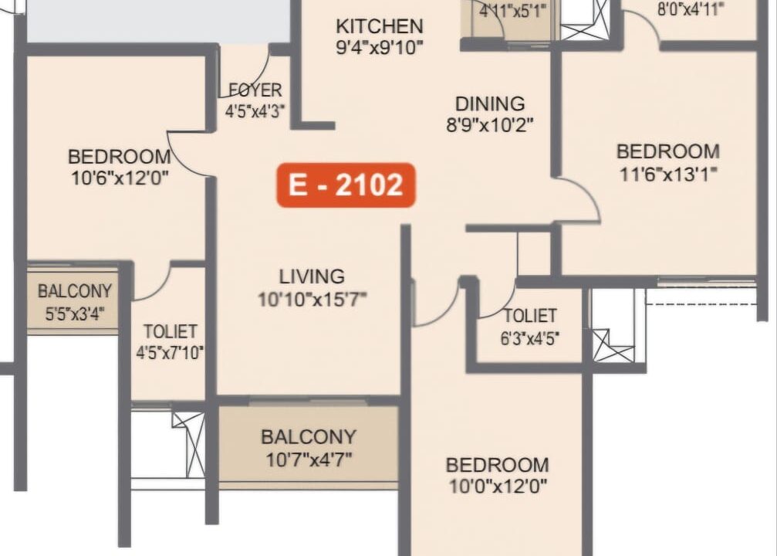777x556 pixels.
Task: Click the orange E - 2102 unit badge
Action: [x=346, y=185]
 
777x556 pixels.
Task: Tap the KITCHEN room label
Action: [x=380, y=26]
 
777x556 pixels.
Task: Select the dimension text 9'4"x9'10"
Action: [x=380, y=48]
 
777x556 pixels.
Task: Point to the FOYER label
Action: [x=255, y=90]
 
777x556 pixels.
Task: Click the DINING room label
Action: [x=490, y=103]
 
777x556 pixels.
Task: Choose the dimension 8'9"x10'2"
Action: [x=490, y=125]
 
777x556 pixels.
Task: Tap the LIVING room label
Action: [x=312, y=276]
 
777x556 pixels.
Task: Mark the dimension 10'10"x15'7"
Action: [x=312, y=299]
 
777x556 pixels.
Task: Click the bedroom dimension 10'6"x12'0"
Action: [x=120, y=178]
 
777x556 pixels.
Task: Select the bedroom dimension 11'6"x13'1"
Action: [x=668, y=174]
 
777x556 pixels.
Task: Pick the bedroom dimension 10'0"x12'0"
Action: [x=498, y=486]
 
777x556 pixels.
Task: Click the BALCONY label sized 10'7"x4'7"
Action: [x=309, y=437]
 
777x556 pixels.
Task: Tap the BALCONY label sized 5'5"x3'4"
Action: [x=75, y=291]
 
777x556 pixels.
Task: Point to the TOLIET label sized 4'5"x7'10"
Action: [x=170, y=331]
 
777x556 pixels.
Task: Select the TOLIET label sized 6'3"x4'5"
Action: [x=530, y=316]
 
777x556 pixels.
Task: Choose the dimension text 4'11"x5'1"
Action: [x=513, y=10]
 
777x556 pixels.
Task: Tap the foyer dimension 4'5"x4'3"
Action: [x=255, y=111]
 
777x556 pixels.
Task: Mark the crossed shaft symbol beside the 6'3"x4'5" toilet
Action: [x=613, y=346]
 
